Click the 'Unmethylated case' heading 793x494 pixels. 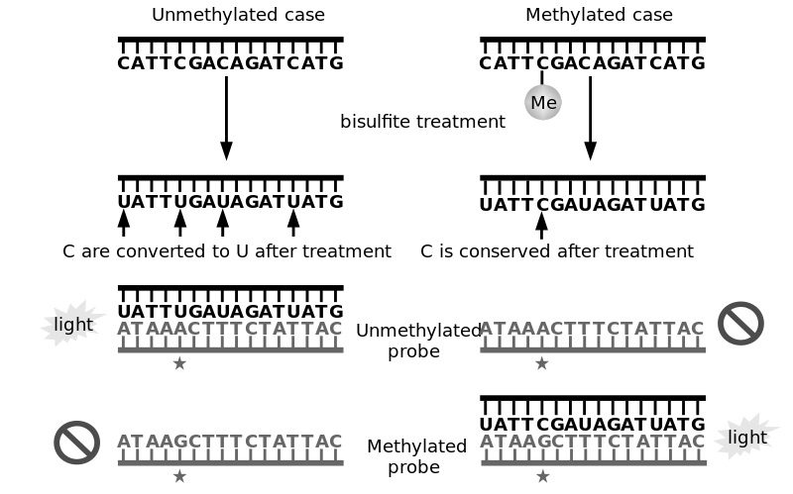(238, 15)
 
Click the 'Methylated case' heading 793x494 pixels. (599, 15)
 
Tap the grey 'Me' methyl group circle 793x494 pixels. (543, 102)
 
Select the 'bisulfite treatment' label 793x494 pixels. (422, 122)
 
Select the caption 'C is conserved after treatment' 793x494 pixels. (557, 251)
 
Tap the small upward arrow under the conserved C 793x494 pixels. (541, 225)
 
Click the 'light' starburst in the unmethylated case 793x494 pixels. (72, 325)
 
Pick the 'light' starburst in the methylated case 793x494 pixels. (746, 437)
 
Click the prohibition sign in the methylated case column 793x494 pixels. (739, 324)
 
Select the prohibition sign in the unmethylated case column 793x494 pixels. (77, 443)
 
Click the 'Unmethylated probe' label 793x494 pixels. (418, 342)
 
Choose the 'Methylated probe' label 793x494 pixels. (416, 456)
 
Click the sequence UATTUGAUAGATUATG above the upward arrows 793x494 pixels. (230, 202)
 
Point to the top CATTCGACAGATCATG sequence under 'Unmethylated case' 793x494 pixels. (230, 63)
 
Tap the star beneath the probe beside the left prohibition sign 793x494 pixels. (179, 477)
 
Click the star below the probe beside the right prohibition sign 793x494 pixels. (541, 364)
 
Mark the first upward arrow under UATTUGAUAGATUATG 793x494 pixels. (124, 224)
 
